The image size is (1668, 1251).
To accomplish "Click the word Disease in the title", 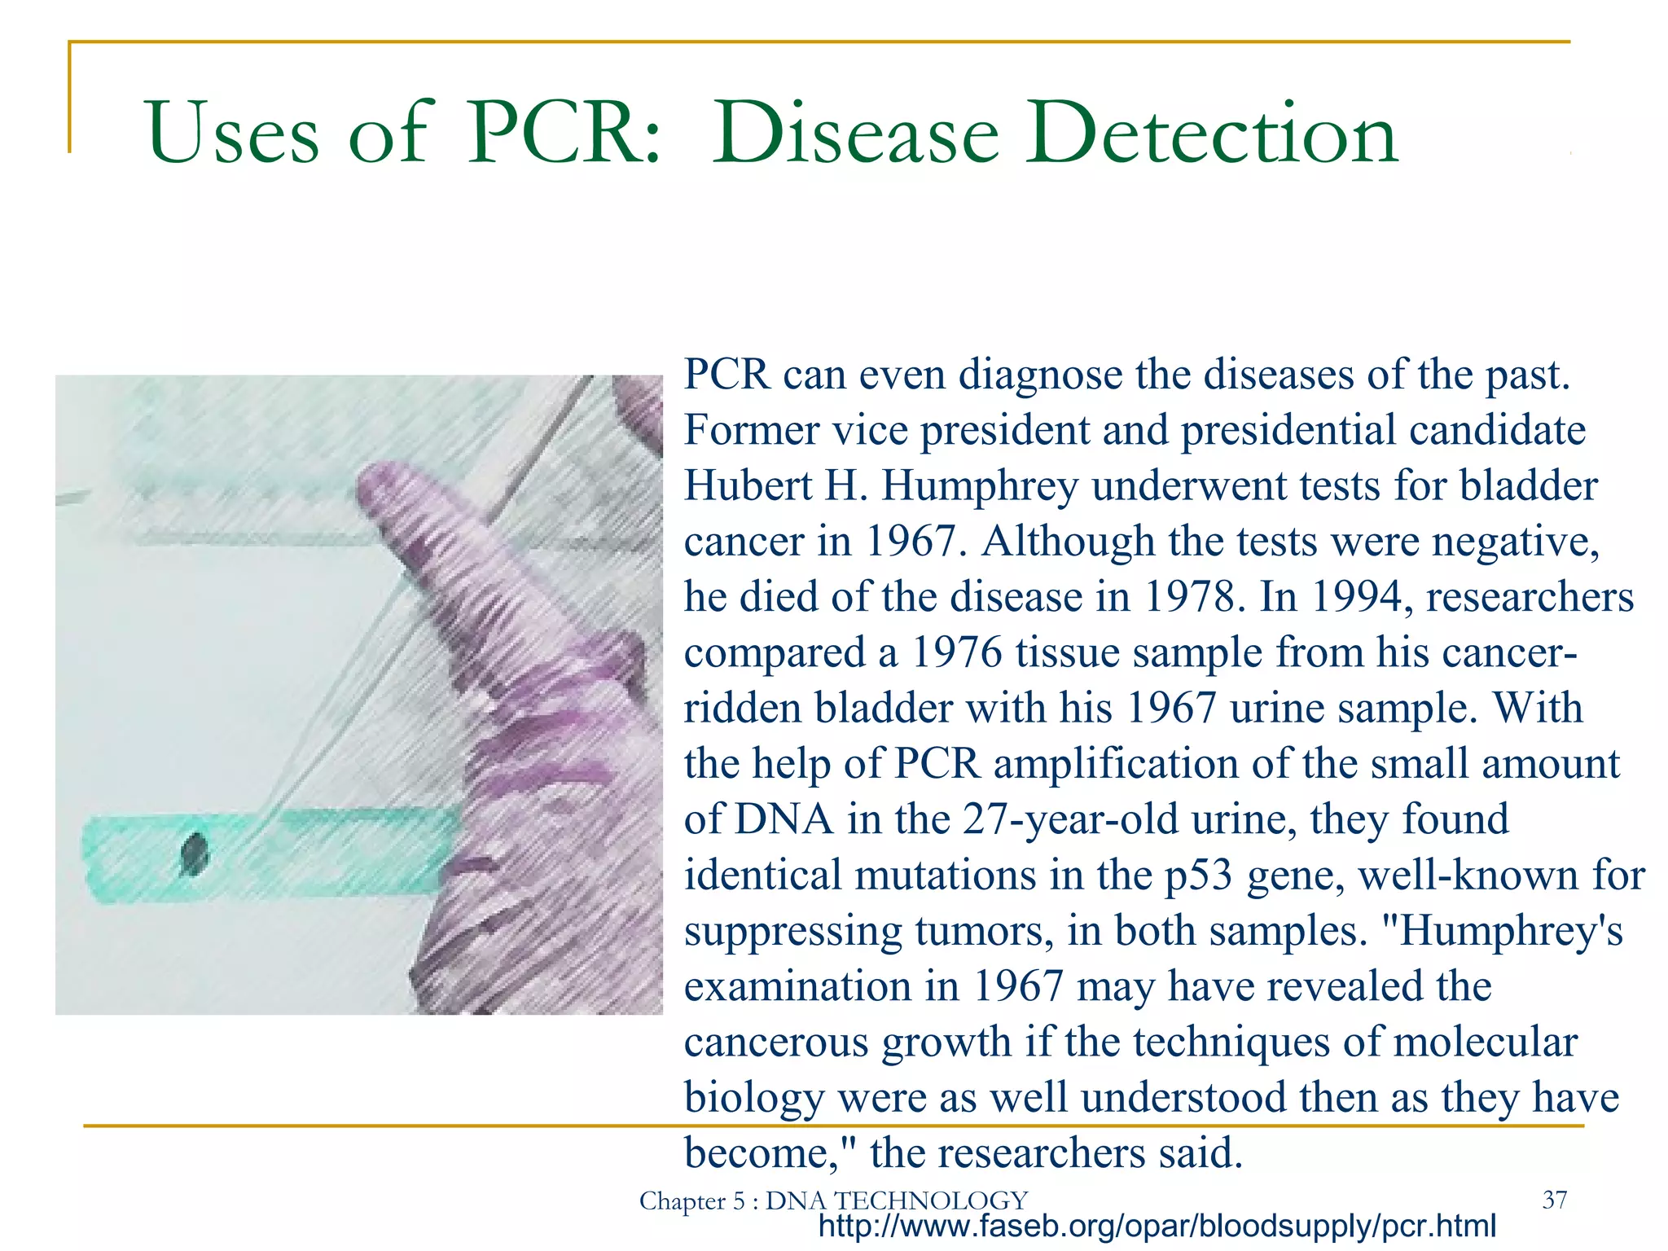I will point(855,133).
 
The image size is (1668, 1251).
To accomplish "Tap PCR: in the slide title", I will point(563,133).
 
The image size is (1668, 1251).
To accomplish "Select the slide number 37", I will point(1555,1199).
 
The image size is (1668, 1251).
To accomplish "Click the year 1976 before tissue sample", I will point(955,652).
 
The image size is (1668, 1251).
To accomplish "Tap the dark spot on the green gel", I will point(195,854).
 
